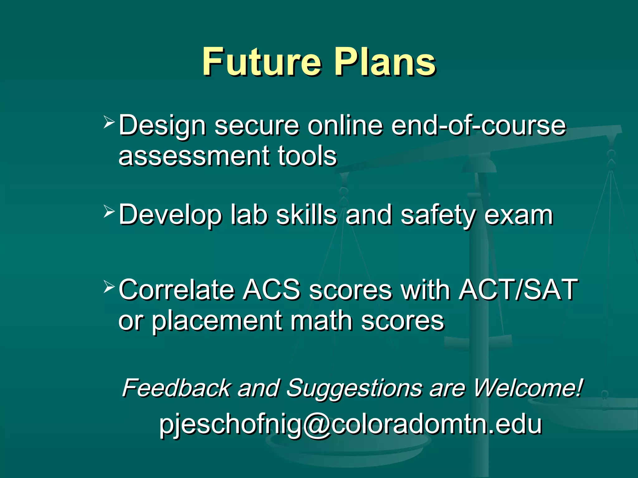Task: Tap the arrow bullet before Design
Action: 109,122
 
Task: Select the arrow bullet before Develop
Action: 109,212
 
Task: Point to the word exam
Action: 518,215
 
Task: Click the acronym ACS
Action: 272,290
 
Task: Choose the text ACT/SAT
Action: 518,290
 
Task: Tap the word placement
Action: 217,322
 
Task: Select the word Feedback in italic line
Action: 176,388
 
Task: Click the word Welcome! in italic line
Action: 528,388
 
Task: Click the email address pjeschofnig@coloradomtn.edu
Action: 350,424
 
